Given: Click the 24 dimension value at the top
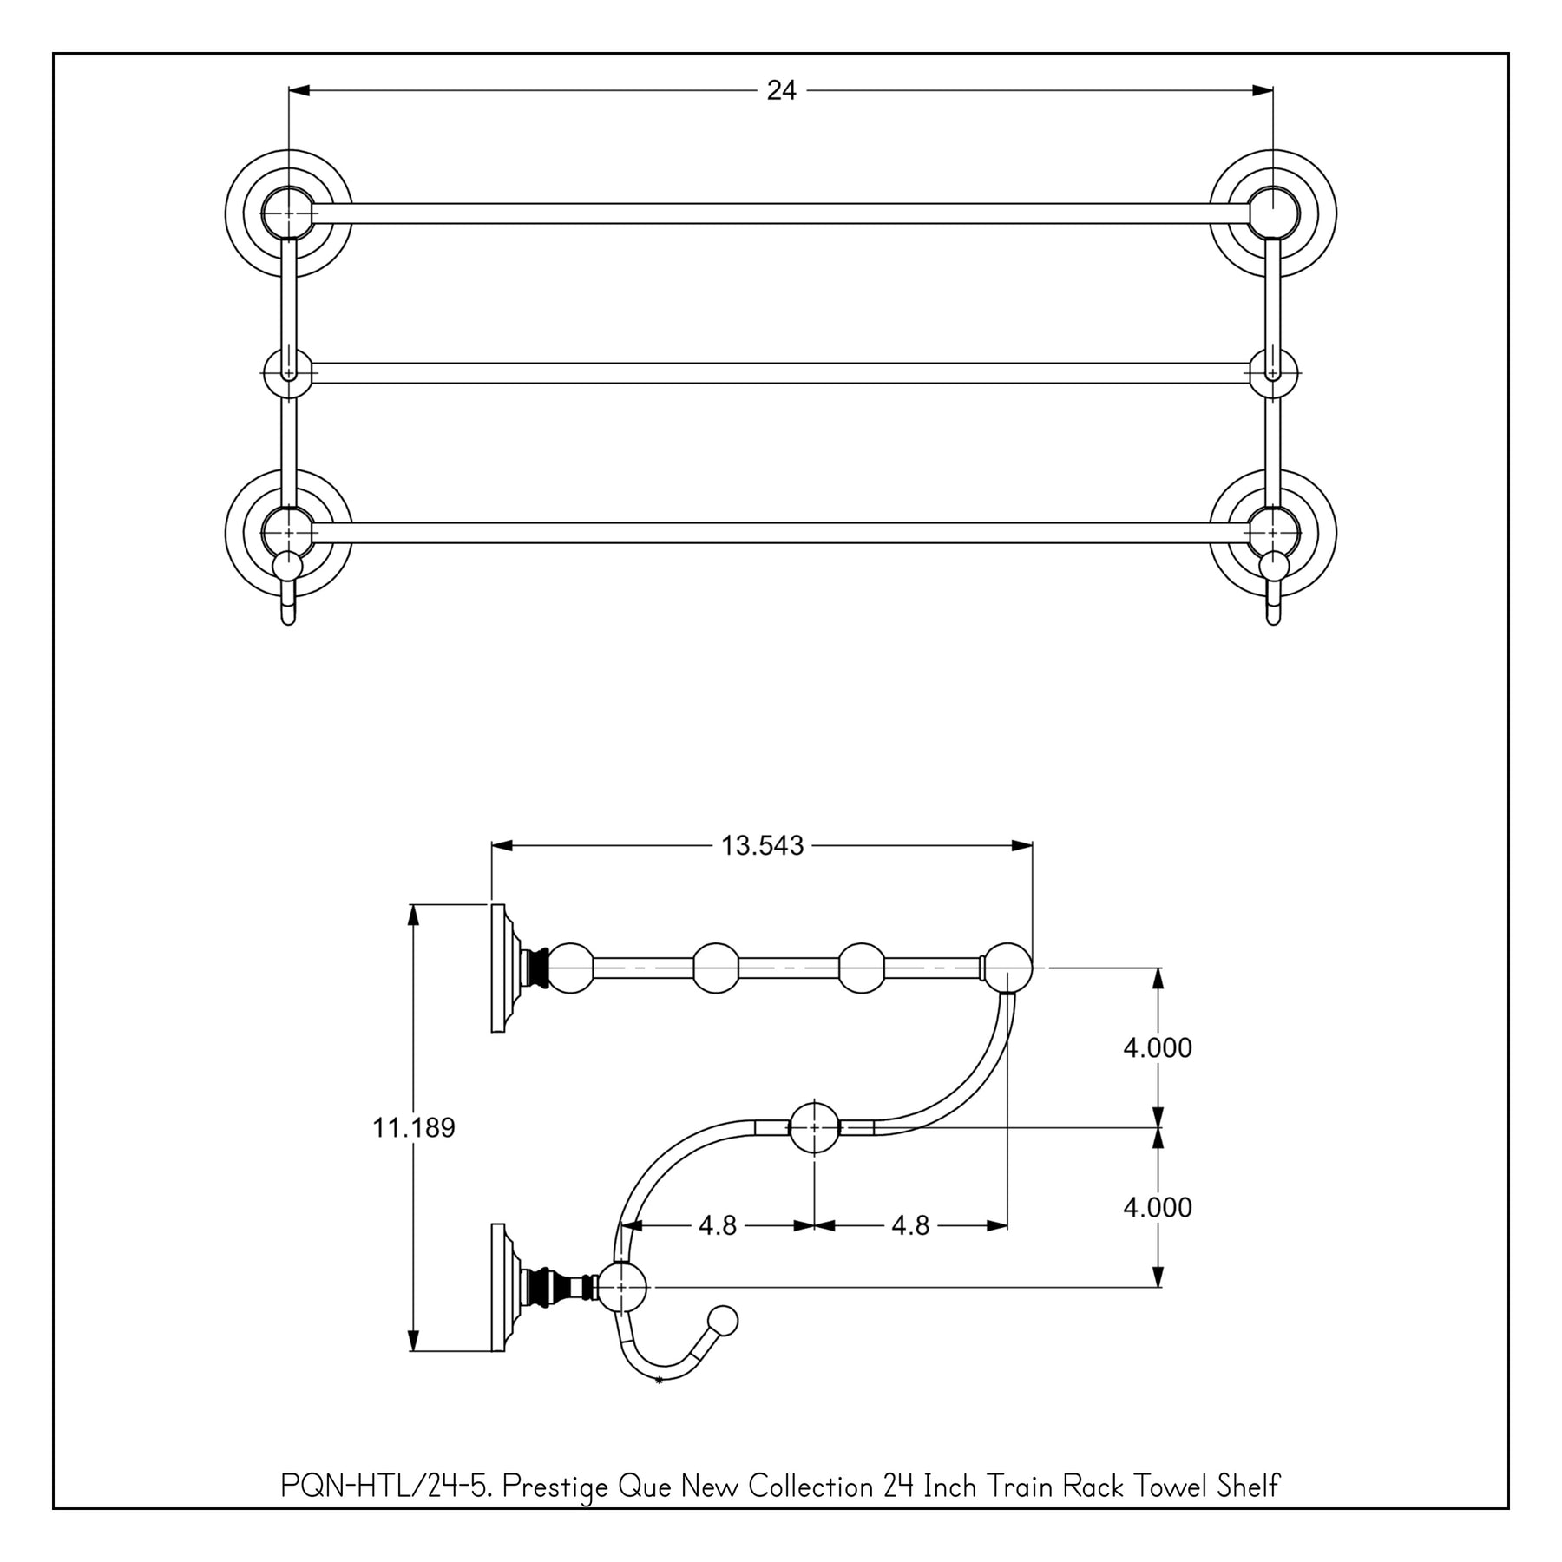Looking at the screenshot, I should (781, 90).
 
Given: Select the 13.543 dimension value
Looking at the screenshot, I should (763, 845).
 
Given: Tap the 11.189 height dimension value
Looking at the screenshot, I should (414, 1127).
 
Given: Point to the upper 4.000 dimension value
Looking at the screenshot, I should (1158, 1047).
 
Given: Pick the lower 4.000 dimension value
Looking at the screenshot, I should (1158, 1207).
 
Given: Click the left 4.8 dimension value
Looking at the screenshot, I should (718, 1225).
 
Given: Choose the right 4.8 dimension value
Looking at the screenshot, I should (910, 1225).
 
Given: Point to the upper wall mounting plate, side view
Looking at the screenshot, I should (498, 968).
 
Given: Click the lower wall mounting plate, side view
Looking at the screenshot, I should (498, 1287).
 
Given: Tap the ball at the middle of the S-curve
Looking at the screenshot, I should (814, 1127).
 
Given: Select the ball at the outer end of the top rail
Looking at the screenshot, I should (1007, 968).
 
